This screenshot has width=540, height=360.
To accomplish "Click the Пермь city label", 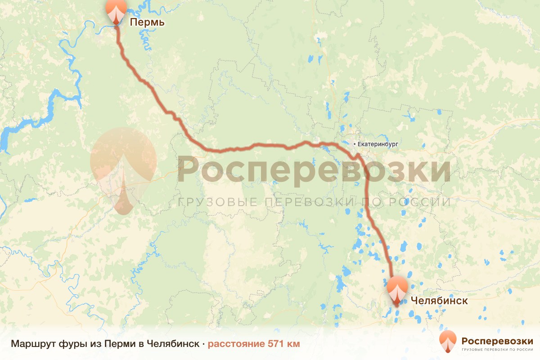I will (147, 22).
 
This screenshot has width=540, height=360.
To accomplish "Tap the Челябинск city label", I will (439, 301).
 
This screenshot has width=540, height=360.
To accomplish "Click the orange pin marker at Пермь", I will (116, 11).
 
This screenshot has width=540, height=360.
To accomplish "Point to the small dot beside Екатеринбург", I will (355, 144).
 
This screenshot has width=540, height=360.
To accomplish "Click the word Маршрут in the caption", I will (33, 344).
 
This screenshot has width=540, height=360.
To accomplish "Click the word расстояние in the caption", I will (236, 344).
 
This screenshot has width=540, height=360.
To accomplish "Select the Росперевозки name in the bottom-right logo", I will (497, 340).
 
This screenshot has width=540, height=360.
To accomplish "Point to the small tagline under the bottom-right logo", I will (497, 349).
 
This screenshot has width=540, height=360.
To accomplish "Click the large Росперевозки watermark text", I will (314, 171).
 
